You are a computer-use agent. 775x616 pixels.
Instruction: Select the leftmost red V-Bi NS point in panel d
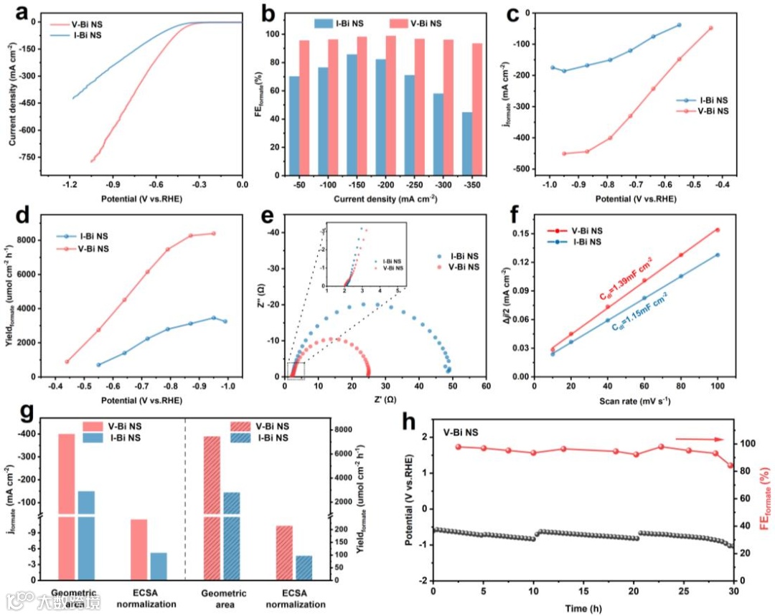tap(67, 361)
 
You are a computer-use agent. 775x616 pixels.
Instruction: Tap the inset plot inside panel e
tap(366, 257)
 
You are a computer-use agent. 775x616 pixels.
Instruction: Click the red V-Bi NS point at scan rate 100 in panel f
tap(717, 229)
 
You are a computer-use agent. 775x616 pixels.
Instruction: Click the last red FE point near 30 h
tap(731, 465)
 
